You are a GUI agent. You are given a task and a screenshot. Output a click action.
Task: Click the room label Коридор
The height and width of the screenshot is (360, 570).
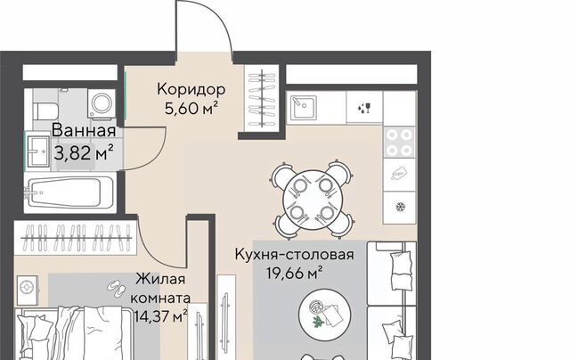tap(191, 89)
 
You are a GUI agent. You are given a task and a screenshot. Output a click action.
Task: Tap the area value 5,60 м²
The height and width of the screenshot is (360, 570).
tap(191, 109)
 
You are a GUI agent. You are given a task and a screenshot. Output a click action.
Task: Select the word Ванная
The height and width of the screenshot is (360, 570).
tap(84, 131)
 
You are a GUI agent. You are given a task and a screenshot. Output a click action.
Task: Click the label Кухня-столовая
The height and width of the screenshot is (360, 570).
tap(295, 254)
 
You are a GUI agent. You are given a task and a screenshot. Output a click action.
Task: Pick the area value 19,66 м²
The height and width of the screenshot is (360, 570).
tap(295, 273)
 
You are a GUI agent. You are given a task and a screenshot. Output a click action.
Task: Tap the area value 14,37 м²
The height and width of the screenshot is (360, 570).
tap(160, 316)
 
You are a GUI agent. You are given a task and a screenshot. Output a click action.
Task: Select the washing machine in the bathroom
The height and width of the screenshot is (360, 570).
tap(102, 104)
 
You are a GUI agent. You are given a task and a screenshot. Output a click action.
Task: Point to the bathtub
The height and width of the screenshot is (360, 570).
tap(70, 192)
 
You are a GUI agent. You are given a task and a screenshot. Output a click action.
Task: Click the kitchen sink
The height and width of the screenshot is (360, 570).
tap(303, 108)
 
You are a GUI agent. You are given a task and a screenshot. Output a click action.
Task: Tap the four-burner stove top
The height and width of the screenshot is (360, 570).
tap(399, 143)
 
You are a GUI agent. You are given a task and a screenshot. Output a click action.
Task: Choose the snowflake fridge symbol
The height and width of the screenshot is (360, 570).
tap(401, 208)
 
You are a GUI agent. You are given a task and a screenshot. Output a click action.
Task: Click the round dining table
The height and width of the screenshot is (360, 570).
tap(313, 200)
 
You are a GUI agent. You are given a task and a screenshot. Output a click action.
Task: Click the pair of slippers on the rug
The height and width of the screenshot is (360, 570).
tap(117, 289)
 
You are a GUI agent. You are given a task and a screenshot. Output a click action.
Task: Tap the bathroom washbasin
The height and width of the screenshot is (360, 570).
tap(37, 151)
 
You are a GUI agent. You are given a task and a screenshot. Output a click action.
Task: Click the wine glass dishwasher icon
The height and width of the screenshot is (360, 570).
tap(364, 108)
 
